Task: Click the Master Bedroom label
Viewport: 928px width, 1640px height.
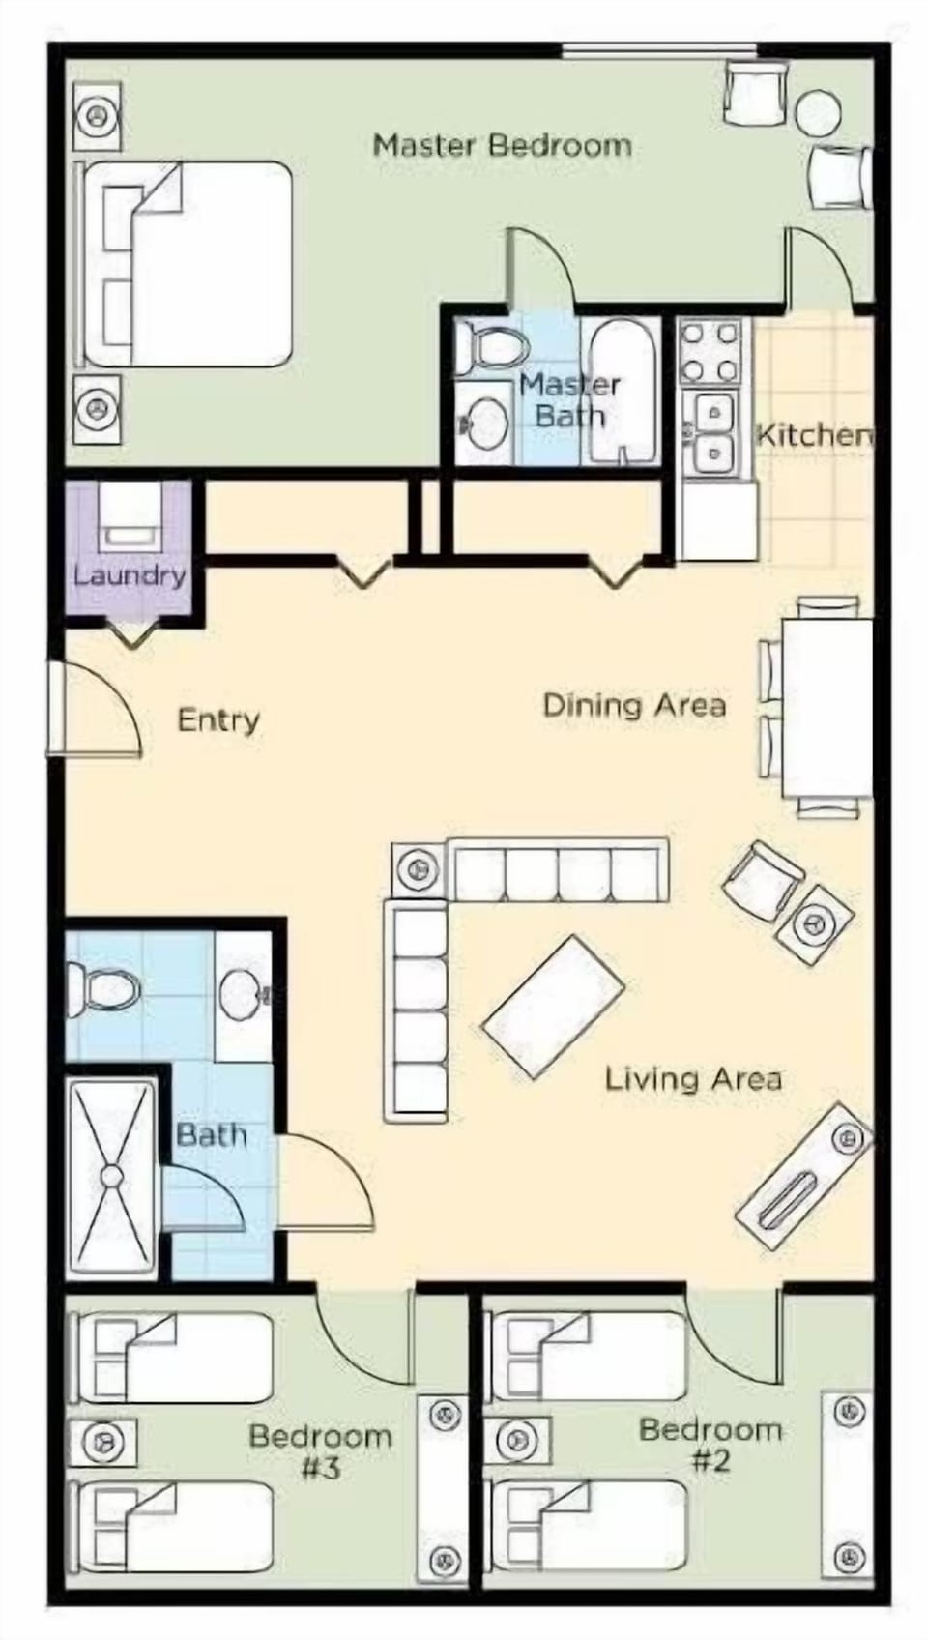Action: [502, 146]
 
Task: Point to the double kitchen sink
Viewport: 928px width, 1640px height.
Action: [713, 432]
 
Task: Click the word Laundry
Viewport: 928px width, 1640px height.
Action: [130, 576]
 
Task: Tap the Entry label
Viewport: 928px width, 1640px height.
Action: [218, 720]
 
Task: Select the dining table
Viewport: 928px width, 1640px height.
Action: [826, 706]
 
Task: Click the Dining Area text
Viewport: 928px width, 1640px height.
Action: [634, 705]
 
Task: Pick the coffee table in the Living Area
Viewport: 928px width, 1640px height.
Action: [553, 1007]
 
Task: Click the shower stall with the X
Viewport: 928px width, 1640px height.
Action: [112, 1177]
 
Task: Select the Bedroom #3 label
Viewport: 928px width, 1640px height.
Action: [320, 1451]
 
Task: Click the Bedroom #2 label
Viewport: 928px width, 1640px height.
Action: [710, 1444]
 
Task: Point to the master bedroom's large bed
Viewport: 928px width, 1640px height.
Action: [188, 264]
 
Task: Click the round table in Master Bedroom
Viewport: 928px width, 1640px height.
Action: [818, 112]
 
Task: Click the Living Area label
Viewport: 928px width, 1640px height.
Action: [693, 1078]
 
